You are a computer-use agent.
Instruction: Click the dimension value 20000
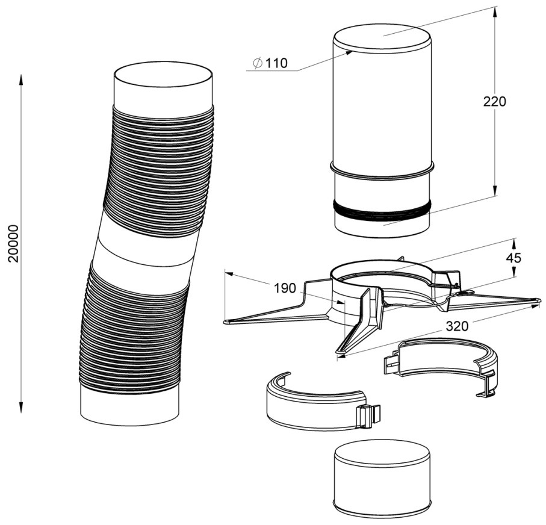[x=14, y=243]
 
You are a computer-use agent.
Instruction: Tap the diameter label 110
[x=276, y=63]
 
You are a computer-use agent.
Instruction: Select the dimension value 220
[x=494, y=101]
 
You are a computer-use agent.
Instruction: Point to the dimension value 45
[x=513, y=258]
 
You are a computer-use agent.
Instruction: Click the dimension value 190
[x=285, y=288]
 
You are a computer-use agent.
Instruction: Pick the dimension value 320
[x=457, y=326]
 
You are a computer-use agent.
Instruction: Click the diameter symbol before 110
[x=258, y=63]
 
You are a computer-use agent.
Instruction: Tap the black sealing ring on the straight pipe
[x=382, y=211]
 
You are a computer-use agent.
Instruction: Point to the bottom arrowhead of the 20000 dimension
[x=21, y=408]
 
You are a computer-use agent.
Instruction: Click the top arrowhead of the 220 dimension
[x=495, y=12]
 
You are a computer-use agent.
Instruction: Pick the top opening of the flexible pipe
[x=163, y=79]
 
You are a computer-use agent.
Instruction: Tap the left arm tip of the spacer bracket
[x=228, y=322]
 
